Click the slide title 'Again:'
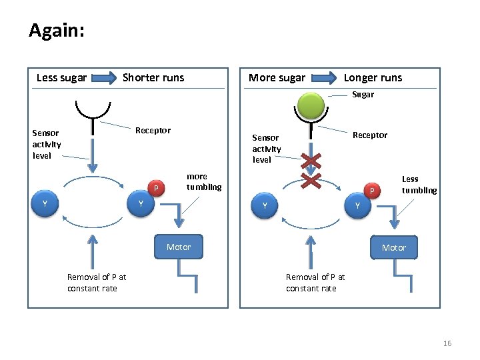click(56, 30)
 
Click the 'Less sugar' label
click(61, 77)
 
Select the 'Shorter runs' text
click(153, 77)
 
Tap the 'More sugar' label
click(277, 77)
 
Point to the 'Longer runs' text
click(373, 77)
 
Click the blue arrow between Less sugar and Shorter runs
click(104, 77)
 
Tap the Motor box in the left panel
click(178, 247)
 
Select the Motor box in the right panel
click(393, 248)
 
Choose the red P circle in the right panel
click(373, 192)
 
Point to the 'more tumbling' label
click(203, 181)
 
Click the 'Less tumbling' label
click(419, 184)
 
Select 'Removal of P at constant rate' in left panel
click(96, 282)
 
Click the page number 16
click(447, 343)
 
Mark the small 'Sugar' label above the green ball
click(363, 95)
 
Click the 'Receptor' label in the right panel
click(369, 135)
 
